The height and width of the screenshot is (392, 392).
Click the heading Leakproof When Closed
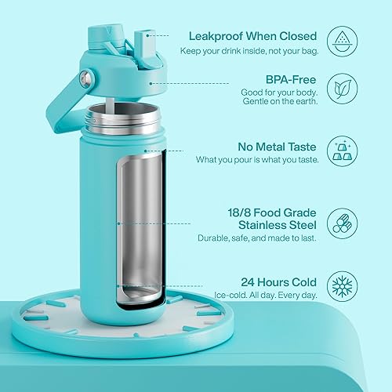click(251, 35)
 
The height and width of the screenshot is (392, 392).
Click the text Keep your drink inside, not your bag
click(253, 50)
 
